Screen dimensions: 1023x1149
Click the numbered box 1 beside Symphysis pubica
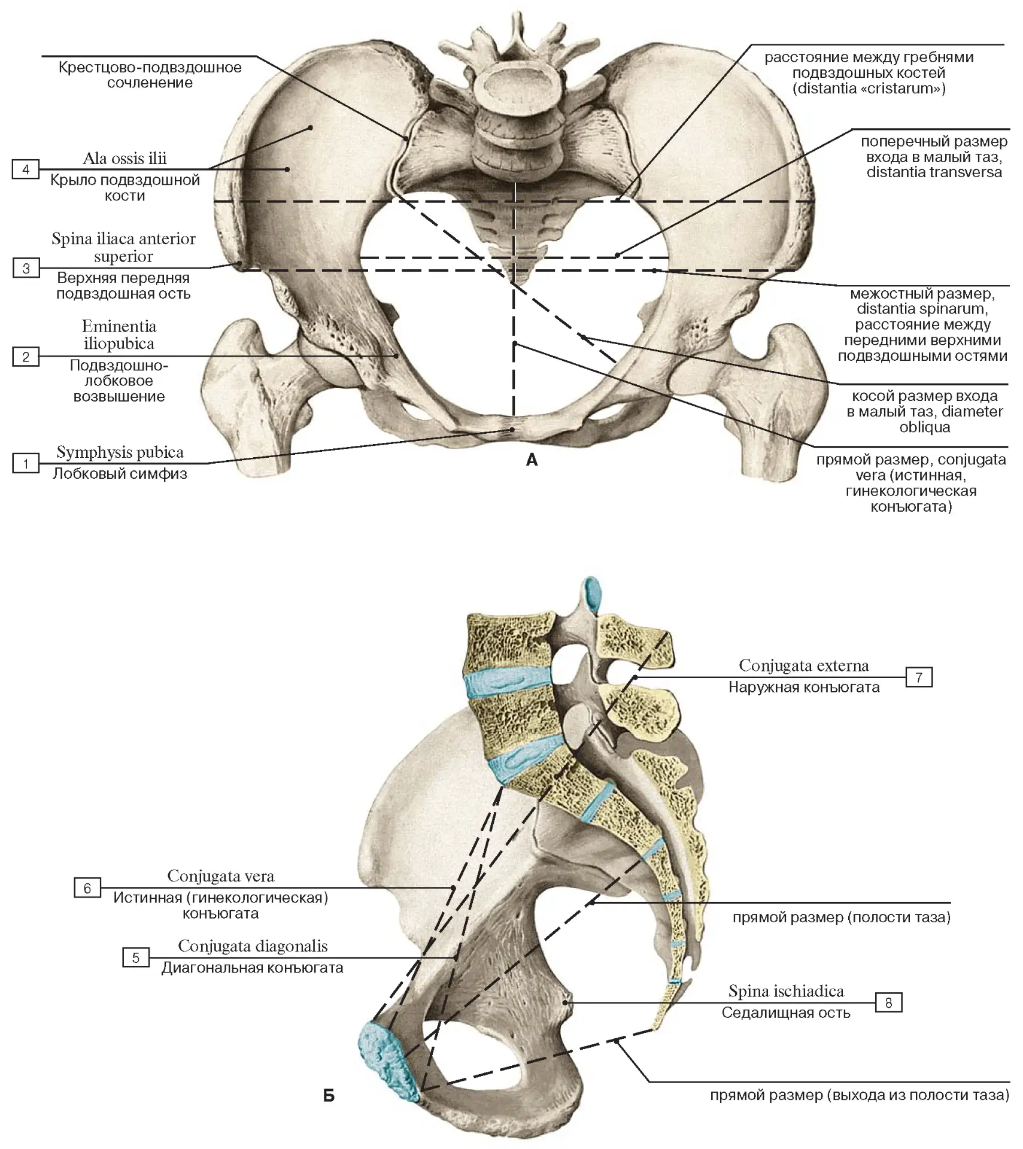26,463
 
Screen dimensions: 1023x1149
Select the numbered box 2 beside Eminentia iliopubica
26,357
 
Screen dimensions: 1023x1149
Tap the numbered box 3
26,268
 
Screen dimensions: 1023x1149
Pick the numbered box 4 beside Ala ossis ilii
26,169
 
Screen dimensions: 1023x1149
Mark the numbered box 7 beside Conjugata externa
919,677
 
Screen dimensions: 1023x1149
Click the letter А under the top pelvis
532,460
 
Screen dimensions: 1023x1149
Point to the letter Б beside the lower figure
329,1095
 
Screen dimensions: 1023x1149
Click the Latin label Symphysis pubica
120,452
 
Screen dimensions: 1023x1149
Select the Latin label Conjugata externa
804,665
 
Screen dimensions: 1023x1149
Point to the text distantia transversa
934,172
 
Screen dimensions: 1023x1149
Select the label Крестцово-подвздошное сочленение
150,75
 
